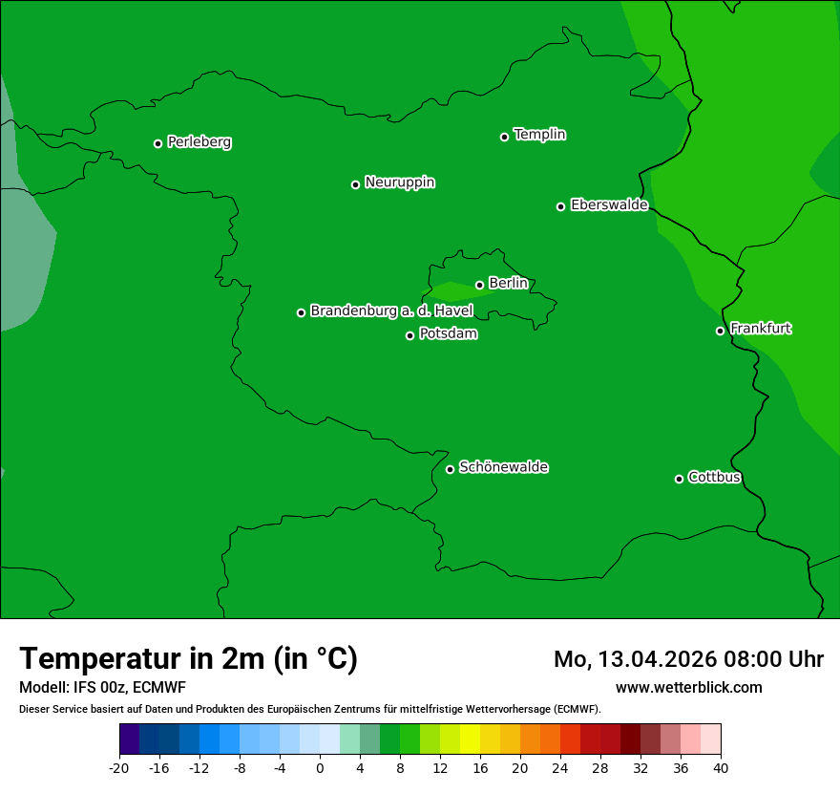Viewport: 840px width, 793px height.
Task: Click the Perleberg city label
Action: coord(199,142)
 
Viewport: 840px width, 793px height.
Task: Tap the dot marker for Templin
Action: coord(504,137)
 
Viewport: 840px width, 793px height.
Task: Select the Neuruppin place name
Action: coord(399,182)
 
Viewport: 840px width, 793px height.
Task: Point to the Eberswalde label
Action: coord(609,205)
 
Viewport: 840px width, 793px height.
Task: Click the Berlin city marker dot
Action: coord(479,285)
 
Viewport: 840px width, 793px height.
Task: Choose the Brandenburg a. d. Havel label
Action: coord(391,311)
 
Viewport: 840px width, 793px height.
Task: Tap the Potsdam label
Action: coord(448,334)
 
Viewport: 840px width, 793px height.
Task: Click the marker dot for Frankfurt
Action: coord(720,331)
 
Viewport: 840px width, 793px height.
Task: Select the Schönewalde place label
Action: coord(503,467)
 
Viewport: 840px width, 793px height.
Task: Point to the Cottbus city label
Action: coord(714,478)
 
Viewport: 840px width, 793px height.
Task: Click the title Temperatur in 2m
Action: coord(188,659)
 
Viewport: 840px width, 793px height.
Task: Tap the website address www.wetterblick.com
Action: coord(688,688)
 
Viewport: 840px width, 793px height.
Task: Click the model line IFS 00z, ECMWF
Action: coord(129,688)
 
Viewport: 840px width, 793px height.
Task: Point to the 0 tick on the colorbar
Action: coord(320,768)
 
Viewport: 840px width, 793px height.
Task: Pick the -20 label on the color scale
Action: coord(119,768)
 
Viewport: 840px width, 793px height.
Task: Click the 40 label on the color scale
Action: coord(721,768)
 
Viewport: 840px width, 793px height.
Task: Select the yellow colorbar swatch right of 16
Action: coord(490,739)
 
